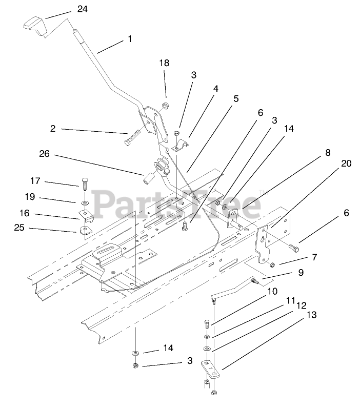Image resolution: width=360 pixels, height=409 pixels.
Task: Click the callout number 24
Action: [83, 9]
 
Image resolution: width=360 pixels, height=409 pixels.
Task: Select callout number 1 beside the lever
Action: [130, 39]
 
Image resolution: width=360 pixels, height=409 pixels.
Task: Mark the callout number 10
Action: [272, 291]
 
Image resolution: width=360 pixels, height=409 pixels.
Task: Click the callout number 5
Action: [236, 98]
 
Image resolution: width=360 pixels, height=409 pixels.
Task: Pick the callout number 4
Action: [216, 88]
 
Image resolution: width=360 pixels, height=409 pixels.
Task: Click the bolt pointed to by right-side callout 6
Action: [293, 248]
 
